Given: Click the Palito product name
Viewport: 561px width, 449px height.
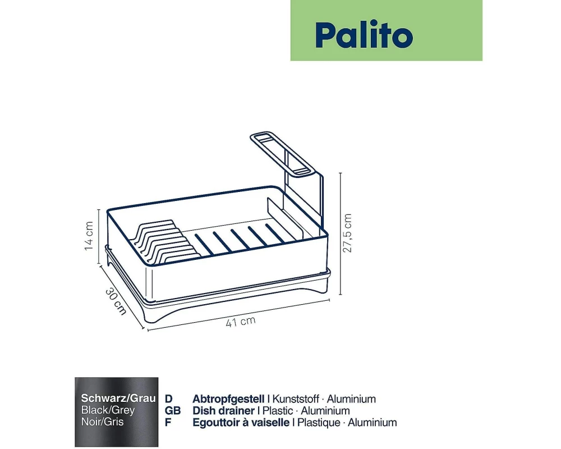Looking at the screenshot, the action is tap(364, 35).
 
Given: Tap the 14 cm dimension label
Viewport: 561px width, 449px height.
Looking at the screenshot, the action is tap(89, 236).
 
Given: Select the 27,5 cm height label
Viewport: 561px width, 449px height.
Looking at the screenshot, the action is tap(347, 233).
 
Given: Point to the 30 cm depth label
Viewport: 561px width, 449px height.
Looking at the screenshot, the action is tap(116, 301).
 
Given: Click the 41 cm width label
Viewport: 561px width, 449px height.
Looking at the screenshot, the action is tap(241, 321).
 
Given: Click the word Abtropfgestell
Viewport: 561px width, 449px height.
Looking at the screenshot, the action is tap(228, 399).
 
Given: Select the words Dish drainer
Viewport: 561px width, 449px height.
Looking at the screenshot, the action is tap(223, 411).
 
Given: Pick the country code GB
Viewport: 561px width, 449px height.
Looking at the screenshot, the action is tap(173, 411).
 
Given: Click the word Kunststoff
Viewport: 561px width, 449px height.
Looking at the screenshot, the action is tap(296, 399).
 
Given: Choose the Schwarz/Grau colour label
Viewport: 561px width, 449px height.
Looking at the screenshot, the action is tap(118, 398).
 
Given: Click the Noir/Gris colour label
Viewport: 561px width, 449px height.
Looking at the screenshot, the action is tap(102, 421).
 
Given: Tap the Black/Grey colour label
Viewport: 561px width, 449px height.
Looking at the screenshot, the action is tap(108, 410).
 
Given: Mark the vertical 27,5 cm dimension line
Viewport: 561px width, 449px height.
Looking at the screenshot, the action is tap(341, 233).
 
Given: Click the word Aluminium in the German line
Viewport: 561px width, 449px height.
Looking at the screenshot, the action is tap(351, 399).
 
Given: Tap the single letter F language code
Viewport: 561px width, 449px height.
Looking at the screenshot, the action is tap(168, 423).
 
